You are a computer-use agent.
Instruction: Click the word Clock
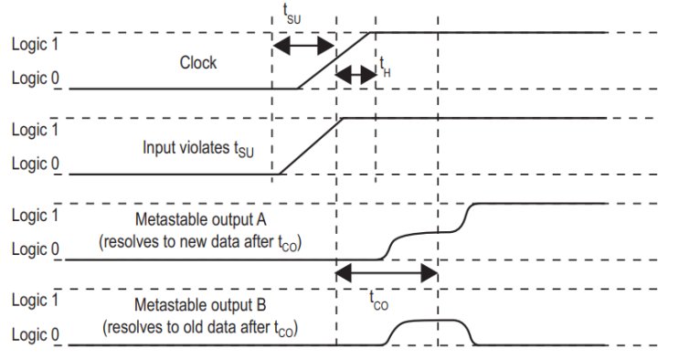(198, 63)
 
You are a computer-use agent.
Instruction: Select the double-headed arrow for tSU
(304, 45)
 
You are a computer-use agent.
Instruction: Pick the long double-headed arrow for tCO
(387, 272)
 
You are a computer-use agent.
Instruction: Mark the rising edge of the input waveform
(310, 145)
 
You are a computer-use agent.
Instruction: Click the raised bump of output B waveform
(428, 322)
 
